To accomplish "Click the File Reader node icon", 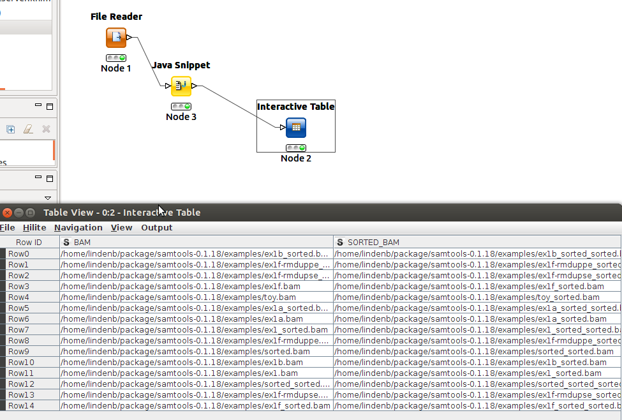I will (x=116, y=38).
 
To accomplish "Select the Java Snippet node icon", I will (x=181, y=86).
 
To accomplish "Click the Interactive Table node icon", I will (x=296, y=128).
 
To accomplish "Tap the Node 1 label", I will (x=116, y=68).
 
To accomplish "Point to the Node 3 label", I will (x=181, y=117).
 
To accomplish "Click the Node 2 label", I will (x=296, y=158).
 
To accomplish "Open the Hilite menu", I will (x=34, y=228).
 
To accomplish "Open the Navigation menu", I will (x=78, y=228).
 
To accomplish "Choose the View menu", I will (x=121, y=228).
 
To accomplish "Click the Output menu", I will (x=157, y=228).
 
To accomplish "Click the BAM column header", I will (x=83, y=243).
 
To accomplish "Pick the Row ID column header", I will (x=29, y=243).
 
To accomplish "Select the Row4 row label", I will (x=19, y=297).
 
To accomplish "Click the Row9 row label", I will (x=19, y=352).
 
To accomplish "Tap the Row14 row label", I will (x=20, y=406).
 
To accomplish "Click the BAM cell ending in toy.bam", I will (x=178, y=297).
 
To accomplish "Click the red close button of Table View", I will (x=7, y=213).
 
